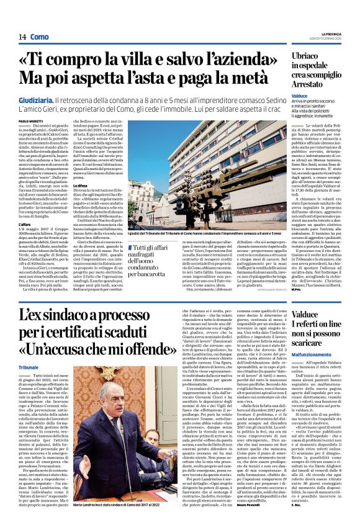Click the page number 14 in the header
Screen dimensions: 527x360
[13, 37]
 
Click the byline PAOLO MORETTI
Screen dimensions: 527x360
[31, 121]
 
